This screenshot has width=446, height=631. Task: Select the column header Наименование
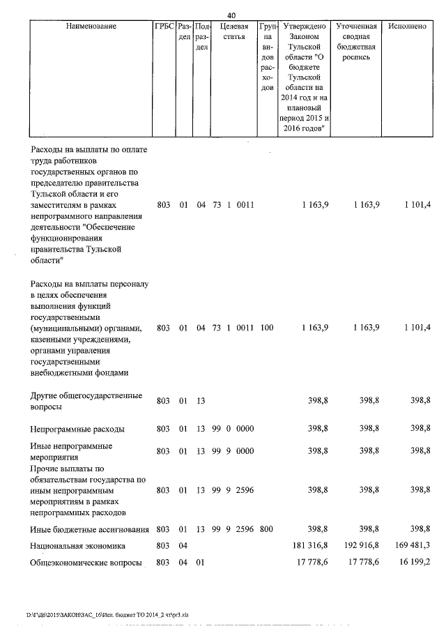click(x=91, y=26)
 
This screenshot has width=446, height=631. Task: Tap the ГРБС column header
click(x=164, y=26)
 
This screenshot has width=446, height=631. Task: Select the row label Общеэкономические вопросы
click(x=84, y=563)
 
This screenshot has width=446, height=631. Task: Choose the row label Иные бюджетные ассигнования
click(x=88, y=529)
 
